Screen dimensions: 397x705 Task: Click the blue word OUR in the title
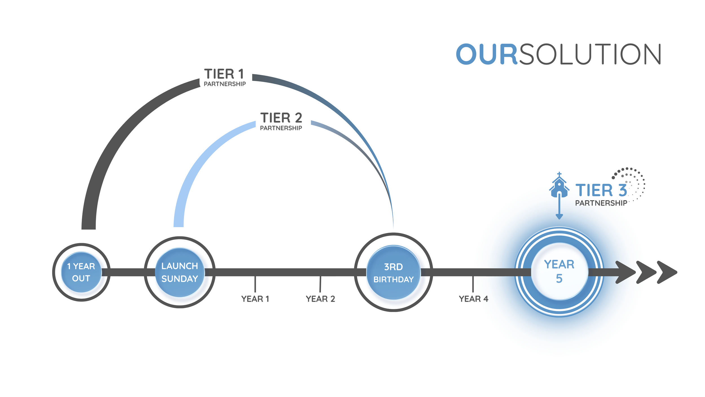coord(486,54)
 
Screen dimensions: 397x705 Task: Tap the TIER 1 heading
coord(224,74)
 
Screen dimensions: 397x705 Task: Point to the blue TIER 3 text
coord(601,190)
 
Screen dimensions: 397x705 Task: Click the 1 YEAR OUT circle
coord(81,272)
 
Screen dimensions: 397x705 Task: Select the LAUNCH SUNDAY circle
coord(180,272)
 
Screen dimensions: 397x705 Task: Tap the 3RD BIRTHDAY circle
coord(393,273)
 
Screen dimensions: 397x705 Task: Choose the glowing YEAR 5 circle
coord(559,272)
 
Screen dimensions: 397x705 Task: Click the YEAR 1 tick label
coord(255,299)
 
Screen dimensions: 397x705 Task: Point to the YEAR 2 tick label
coord(320,299)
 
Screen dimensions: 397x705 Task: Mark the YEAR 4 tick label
coord(473,299)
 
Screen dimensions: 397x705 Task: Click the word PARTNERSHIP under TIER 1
coord(225,84)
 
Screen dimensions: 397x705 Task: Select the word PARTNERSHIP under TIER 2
coord(281,128)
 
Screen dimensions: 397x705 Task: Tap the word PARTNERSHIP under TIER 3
coord(601,203)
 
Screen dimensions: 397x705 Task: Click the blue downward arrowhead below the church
coord(559,217)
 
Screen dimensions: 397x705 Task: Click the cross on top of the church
coord(559,174)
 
